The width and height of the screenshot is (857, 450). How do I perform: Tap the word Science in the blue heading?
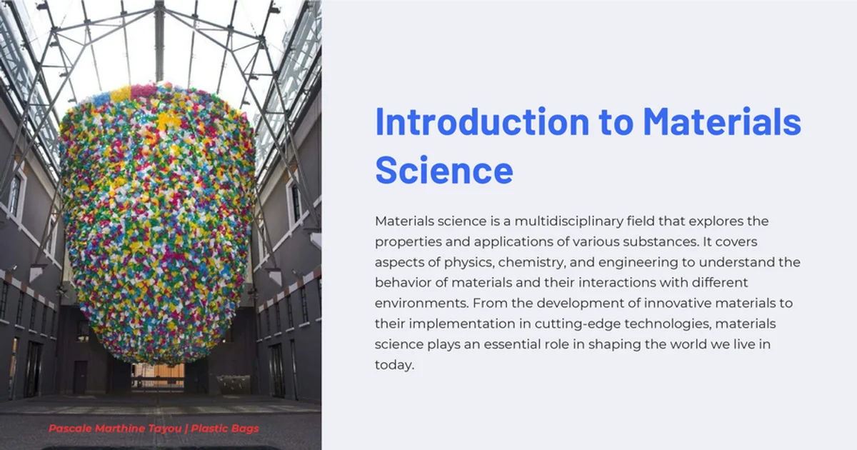443,171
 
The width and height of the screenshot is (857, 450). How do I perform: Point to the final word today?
393,365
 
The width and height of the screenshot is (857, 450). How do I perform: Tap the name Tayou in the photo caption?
166,429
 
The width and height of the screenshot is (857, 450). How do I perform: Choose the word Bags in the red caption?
244,429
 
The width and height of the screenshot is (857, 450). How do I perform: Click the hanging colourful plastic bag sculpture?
157,221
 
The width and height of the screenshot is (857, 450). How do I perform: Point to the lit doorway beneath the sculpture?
158,374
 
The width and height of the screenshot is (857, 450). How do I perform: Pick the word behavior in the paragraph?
401,284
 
